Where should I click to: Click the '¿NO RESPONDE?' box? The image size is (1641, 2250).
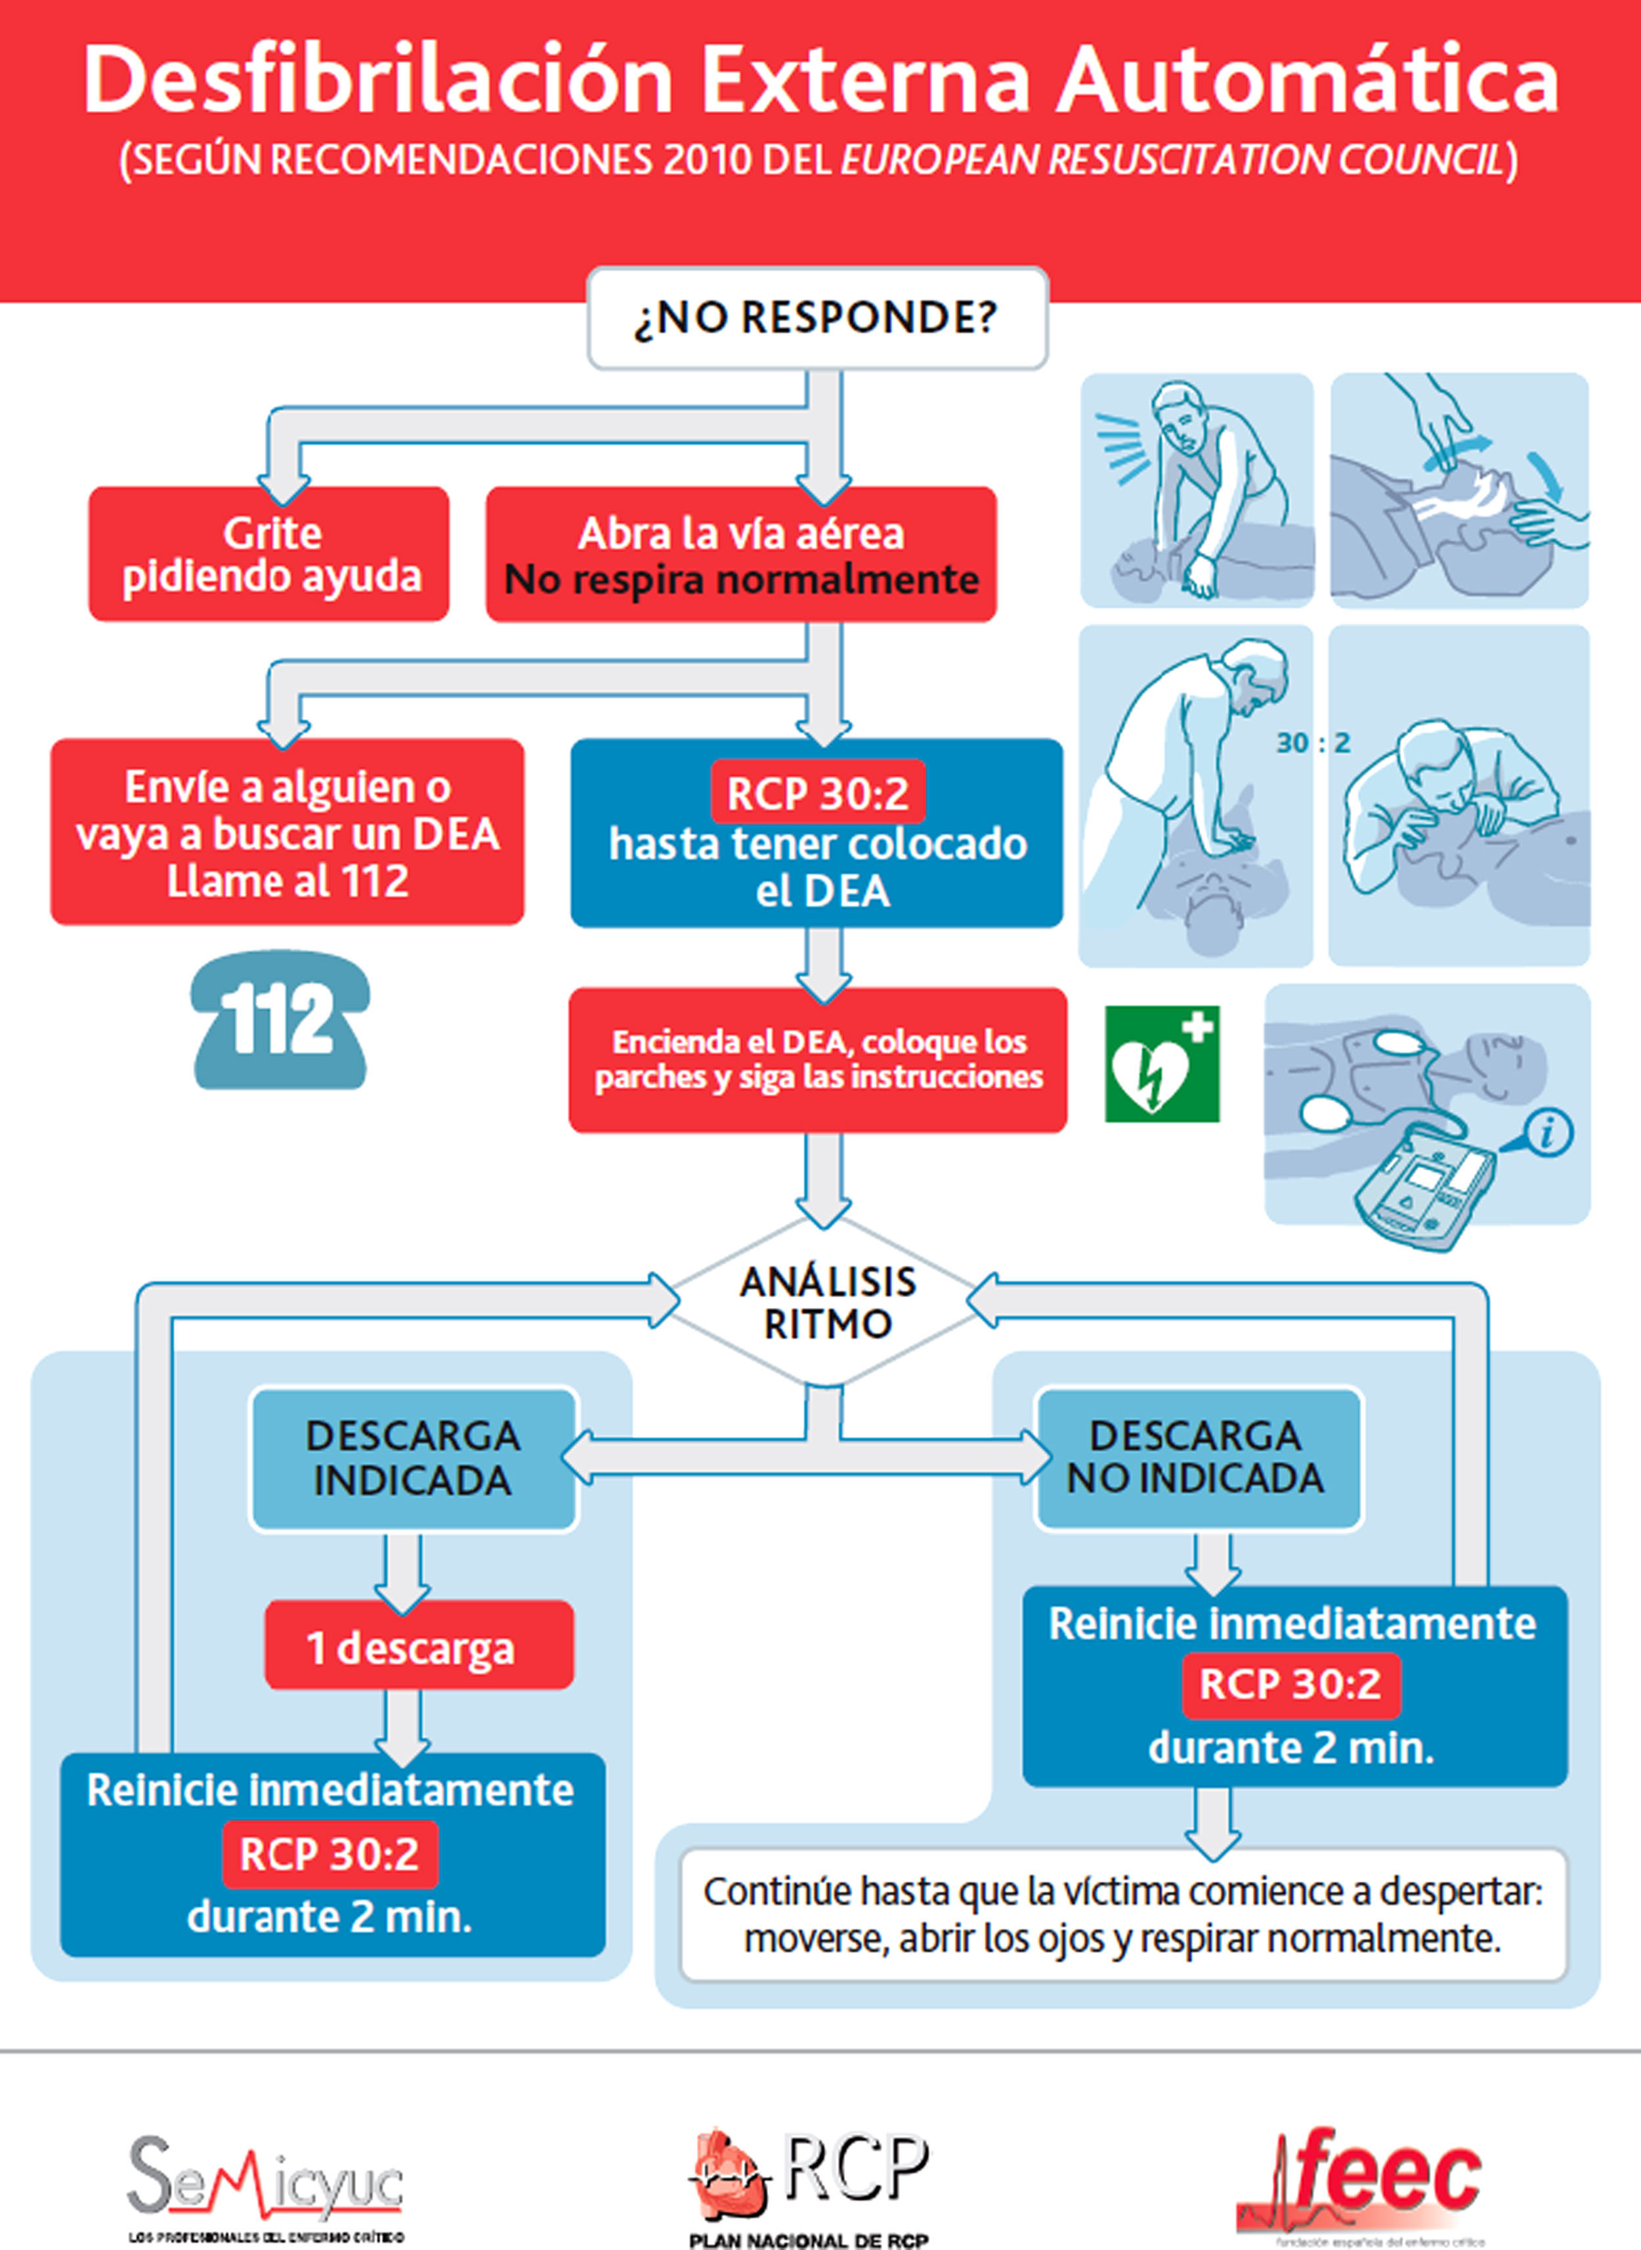pyautogui.click(x=817, y=318)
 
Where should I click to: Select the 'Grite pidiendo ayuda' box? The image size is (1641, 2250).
pyautogui.click(x=269, y=554)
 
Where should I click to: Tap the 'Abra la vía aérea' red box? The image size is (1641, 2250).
pyautogui.click(x=741, y=554)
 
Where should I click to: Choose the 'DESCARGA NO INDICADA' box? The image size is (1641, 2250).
pyautogui.click(x=1197, y=1458)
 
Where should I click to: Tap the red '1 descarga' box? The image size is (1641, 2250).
pyautogui.click(x=418, y=1648)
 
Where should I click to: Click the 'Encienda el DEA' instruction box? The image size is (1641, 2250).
pyautogui.click(x=817, y=1060)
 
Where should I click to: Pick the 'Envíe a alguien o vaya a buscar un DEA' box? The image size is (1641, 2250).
pyautogui.click(x=287, y=833)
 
